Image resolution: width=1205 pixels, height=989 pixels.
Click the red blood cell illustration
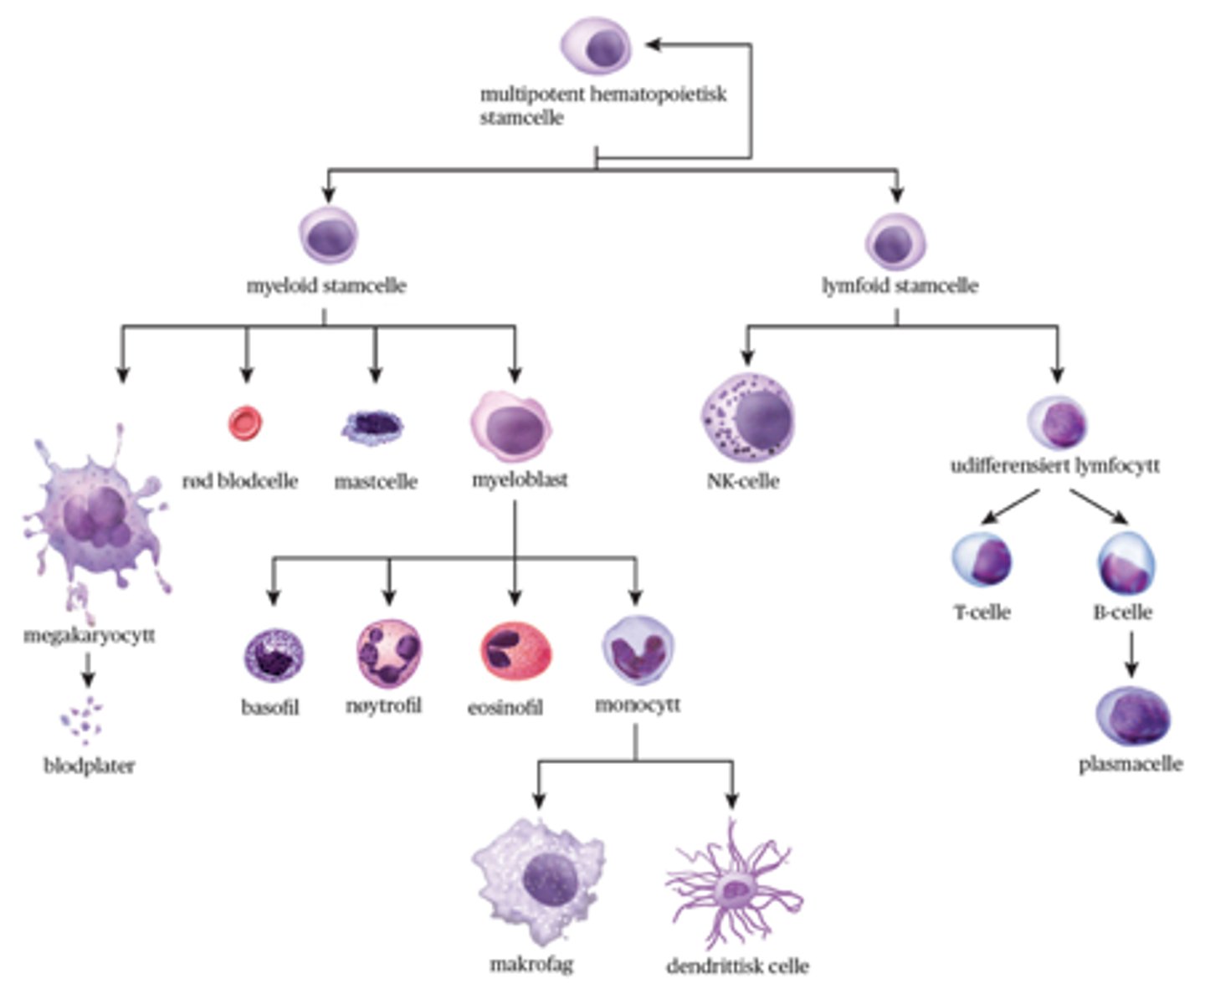click(245, 423)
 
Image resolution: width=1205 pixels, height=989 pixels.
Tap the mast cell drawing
click(372, 427)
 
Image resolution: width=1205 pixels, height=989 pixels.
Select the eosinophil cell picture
click(515, 652)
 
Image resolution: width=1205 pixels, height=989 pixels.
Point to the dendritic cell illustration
click(734, 889)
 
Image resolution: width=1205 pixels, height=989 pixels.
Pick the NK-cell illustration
click(747, 418)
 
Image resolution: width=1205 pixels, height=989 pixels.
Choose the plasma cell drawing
click(1132, 716)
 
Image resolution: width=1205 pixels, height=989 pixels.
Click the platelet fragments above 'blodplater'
click(82, 720)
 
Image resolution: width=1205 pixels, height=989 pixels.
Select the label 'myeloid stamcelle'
click(326, 286)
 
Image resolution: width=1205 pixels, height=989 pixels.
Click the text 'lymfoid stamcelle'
click(900, 286)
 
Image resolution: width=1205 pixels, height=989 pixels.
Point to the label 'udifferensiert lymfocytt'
click(1054, 466)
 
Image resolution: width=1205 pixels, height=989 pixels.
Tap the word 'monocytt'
click(637, 705)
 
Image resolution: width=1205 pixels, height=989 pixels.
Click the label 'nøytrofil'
click(383, 706)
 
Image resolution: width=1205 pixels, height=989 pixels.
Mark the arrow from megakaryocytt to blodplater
click(88, 669)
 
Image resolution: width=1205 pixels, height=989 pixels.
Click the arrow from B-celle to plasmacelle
click(1131, 653)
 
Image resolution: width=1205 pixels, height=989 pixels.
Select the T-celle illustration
click(982, 559)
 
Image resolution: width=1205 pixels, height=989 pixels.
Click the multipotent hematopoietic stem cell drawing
click(595, 47)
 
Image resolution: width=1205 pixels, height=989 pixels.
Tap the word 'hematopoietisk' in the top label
click(658, 95)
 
